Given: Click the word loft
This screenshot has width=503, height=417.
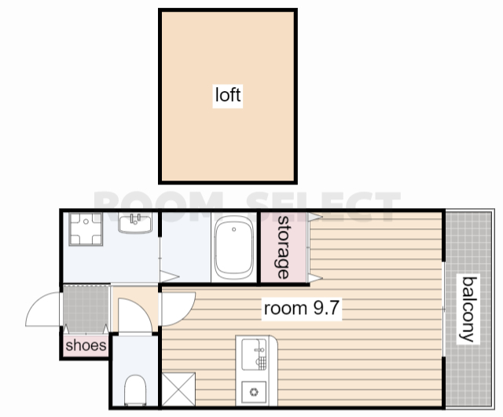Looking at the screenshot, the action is [228, 95].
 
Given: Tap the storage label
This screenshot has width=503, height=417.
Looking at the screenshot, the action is [283, 247].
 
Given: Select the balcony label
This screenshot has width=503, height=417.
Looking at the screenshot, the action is [468, 309].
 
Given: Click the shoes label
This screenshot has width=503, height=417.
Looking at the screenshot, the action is [86, 346].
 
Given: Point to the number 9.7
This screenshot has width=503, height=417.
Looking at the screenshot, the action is [325, 308].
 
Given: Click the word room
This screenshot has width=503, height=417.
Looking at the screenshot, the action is [285, 309].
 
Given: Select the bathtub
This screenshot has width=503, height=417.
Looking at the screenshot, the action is [234, 247].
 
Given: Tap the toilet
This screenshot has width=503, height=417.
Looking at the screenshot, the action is [135, 390].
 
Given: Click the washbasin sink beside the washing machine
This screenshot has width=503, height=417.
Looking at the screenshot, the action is [135, 223].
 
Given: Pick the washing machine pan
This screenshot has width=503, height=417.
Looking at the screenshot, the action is [86, 229].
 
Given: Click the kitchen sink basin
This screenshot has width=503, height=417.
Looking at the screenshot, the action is [254, 354].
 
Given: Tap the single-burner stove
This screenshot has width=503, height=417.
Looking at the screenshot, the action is [254, 392].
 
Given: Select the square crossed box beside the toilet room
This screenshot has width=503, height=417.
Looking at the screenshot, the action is [178, 389].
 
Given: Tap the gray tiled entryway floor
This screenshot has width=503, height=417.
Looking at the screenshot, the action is [86, 309].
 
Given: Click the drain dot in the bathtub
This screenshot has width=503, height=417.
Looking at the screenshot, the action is [234, 229].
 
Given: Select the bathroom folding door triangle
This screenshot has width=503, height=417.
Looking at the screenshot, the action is [169, 276].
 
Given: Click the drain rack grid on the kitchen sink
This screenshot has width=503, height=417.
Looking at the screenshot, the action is [263, 363].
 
